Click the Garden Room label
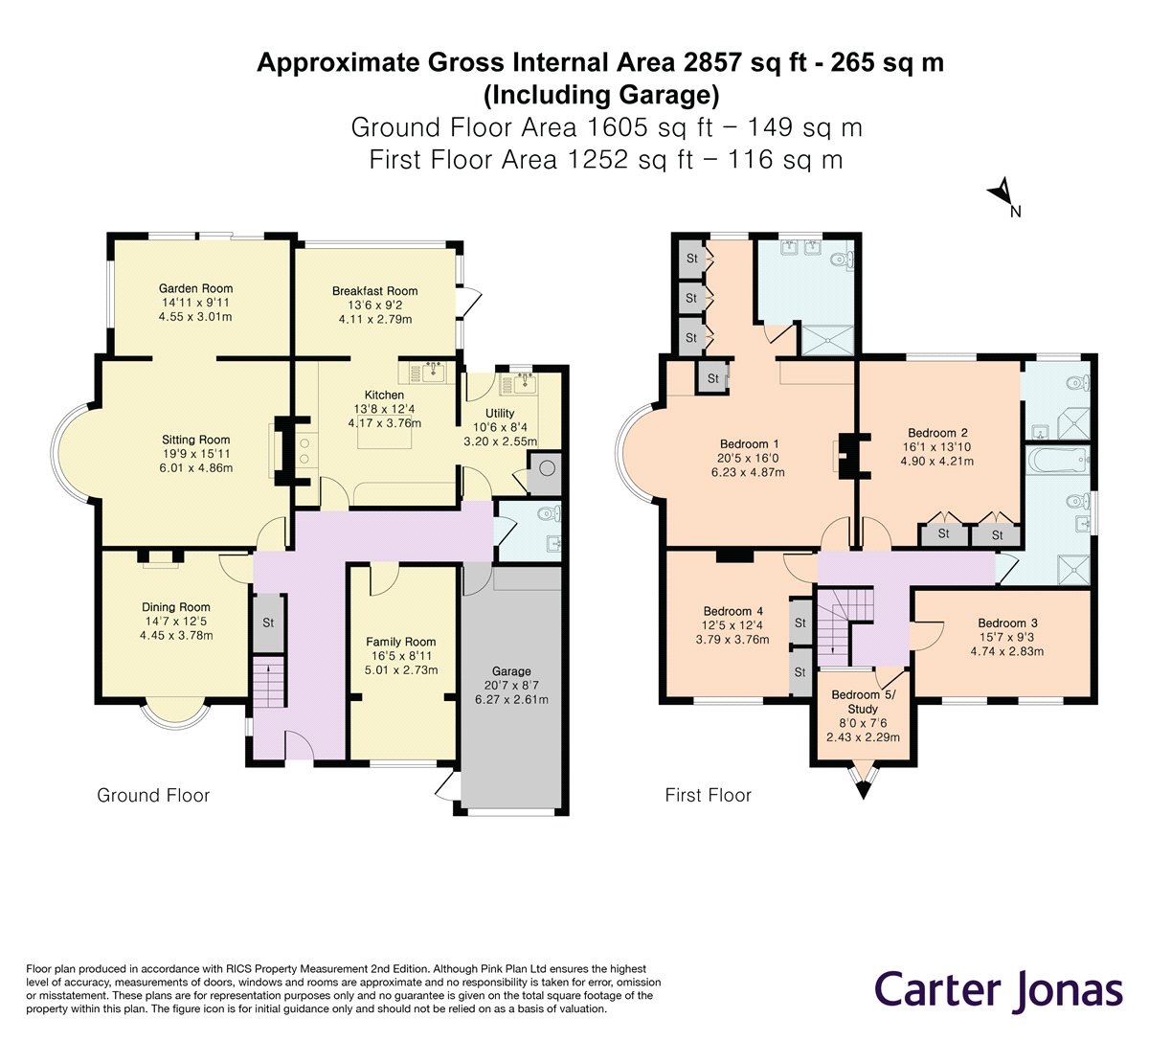point(195,289)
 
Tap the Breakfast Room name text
point(374,291)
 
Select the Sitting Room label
point(195,440)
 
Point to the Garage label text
point(511,671)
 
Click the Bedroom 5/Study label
point(863,702)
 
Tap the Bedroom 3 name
point(1007,623)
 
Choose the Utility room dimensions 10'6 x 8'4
point(500,427)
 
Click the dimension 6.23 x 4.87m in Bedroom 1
point(748,473)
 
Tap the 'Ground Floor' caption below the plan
point(153,795)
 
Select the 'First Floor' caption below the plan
point(708,795)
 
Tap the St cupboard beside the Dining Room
point(269,622)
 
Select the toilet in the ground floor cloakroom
point(550,512)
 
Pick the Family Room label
point(400,643)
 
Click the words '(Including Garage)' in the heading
point(601,95)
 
